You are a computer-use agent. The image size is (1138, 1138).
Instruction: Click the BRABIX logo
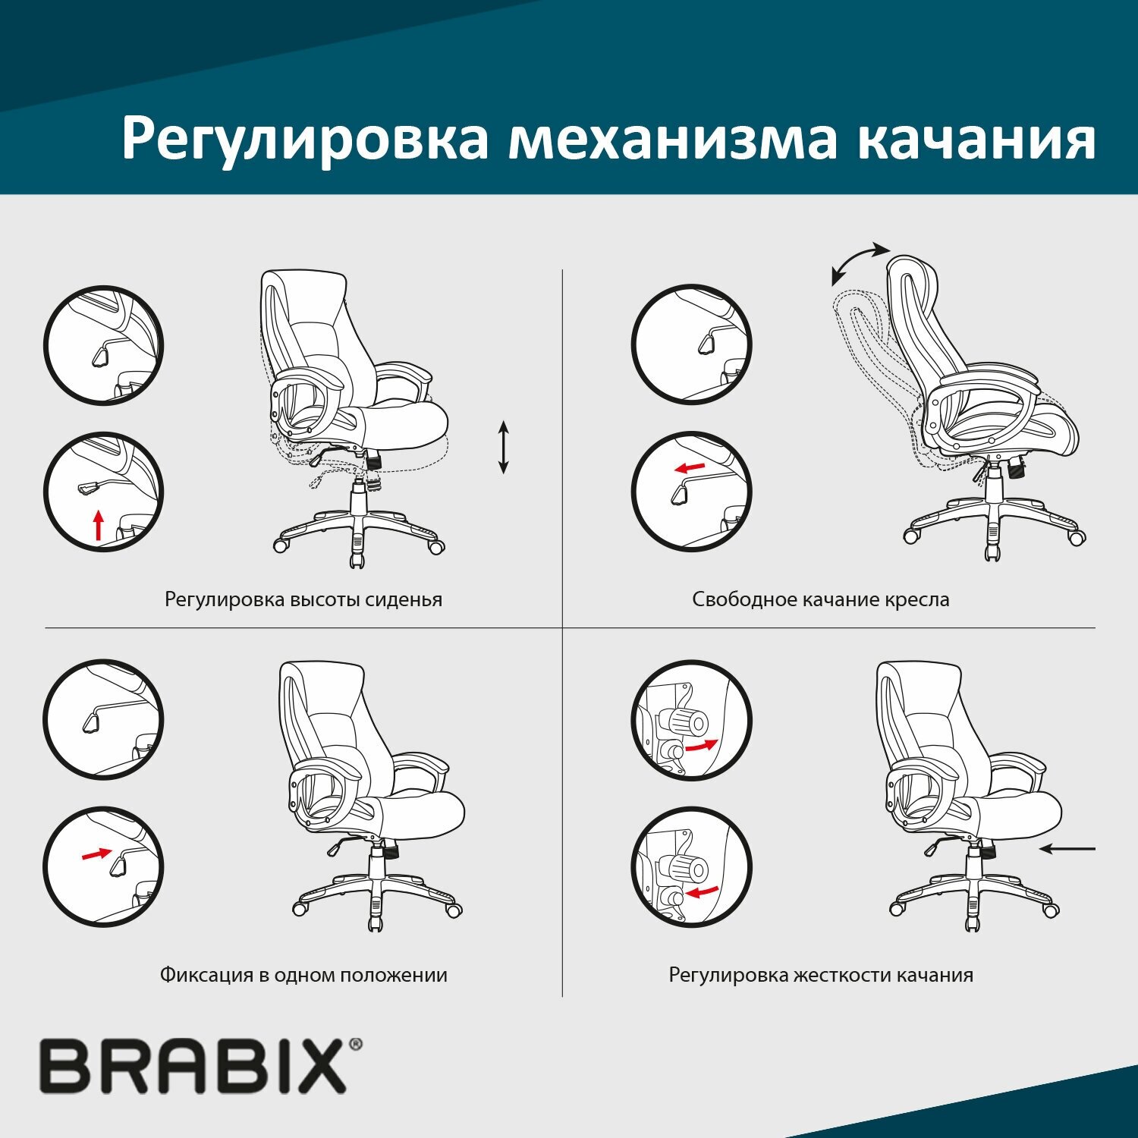193,1066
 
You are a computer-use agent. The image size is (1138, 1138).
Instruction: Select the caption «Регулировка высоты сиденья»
303,599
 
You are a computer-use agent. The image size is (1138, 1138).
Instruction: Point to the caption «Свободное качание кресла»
820,599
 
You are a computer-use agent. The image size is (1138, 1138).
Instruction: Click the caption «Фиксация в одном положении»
303,975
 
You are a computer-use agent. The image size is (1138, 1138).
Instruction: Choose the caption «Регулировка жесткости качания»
820,975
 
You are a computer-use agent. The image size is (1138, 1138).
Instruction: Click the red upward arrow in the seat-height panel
97,525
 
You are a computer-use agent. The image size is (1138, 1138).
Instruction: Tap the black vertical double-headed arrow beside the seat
503,448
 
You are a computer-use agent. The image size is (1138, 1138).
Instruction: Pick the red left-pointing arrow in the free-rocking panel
690,467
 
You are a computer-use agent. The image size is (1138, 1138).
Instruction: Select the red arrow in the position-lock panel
96,854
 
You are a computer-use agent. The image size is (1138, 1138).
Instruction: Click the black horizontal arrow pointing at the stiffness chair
1067,849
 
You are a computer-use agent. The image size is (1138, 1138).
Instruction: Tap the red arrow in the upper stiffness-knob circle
700,746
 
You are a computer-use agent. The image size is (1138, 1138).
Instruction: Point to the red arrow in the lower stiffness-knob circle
703,891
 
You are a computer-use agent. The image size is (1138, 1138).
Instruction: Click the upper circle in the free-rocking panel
691,345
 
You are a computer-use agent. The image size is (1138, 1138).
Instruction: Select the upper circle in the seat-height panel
103,345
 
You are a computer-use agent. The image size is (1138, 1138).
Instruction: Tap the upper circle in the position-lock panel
103,719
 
